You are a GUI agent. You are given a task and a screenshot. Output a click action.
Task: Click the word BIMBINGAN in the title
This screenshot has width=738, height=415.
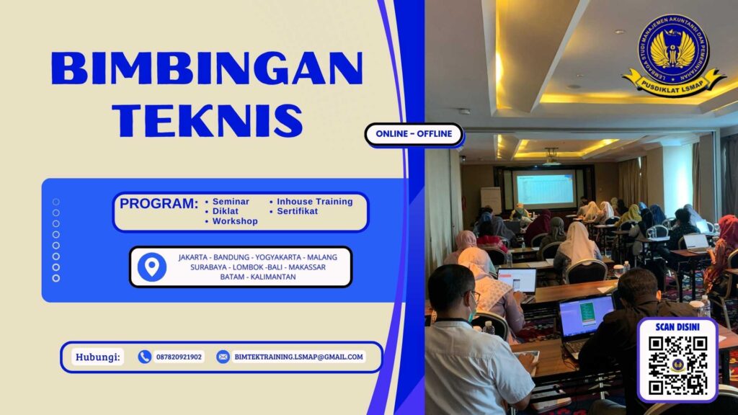(207, 71)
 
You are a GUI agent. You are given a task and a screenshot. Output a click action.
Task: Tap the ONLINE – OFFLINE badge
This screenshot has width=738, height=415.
(414, 133)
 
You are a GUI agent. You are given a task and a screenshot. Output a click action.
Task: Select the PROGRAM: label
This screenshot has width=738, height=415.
(159, 204)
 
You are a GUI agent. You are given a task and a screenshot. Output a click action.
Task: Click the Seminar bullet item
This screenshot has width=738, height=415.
(231, 202)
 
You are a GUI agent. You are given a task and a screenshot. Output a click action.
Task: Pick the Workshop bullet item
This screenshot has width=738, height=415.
(235, 221)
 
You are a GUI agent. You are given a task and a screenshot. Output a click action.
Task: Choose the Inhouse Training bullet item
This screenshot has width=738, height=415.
(315, 202)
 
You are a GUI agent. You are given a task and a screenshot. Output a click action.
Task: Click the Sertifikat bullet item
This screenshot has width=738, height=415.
(298, 212)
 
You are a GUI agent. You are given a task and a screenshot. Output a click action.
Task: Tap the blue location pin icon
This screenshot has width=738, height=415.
(151, 267)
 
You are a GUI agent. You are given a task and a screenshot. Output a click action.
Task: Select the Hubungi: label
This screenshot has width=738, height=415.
(99, 357)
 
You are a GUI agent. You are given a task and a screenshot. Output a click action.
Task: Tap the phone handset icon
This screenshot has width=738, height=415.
(145, 357)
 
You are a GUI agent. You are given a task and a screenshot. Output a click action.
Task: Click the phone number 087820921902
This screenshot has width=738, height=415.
(179, 357)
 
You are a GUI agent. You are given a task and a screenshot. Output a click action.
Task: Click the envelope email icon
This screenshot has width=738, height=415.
(223, 357)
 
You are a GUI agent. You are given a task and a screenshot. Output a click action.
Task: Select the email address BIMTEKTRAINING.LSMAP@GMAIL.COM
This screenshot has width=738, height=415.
(298, 357)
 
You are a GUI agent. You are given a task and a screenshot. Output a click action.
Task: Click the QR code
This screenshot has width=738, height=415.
(677, 365)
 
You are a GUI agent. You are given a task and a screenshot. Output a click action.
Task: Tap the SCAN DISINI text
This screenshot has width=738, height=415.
(677, 327)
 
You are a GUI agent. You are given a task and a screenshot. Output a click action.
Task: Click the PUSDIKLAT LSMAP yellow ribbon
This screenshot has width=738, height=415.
(674, 82)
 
